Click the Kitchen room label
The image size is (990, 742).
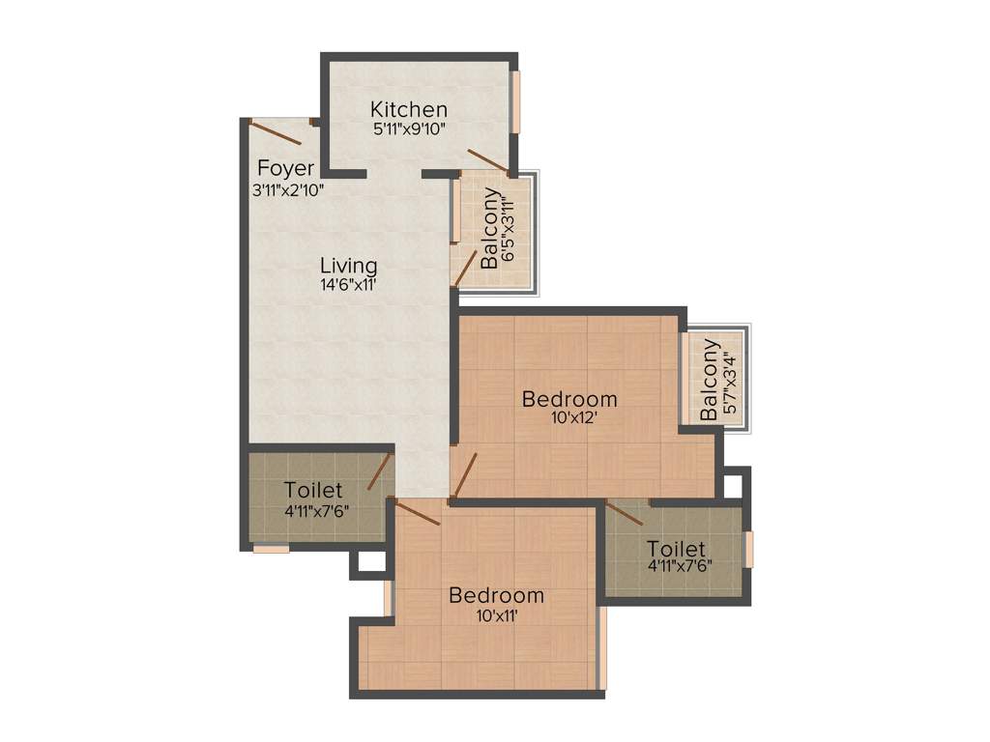coord(409,109)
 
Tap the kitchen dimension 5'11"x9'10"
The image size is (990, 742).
coord(409,128)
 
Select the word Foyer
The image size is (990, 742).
coord(285,169)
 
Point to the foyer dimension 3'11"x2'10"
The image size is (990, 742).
coord(287,190)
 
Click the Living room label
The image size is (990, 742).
coord(349,265)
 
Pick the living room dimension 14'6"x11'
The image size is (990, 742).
coord(348,285)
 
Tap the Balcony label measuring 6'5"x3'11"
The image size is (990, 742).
coord(491,228)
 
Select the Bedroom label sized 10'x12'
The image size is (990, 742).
coord(569,398)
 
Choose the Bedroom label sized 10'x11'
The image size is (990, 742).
coord(496,595)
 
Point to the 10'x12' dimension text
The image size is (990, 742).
coord(569,418)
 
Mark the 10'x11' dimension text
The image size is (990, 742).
coord(496,615)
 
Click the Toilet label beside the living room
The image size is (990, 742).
coord(313,490)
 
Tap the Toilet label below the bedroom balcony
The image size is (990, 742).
coord(676,548)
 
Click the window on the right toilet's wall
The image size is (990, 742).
coord(747,549)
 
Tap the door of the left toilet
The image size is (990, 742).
coord(379,472)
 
